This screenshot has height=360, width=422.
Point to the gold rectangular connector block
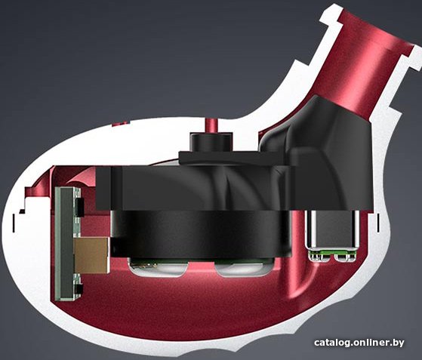(x=92, y=255)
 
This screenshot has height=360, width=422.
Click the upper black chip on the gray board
(x=80, y=208)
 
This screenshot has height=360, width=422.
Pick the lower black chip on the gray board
(x=79, y=290)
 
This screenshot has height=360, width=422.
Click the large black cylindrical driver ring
(x=202, y=233)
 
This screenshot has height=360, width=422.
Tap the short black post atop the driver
(x=211, y=142)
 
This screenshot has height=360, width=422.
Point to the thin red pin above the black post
(x=211, y=125)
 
